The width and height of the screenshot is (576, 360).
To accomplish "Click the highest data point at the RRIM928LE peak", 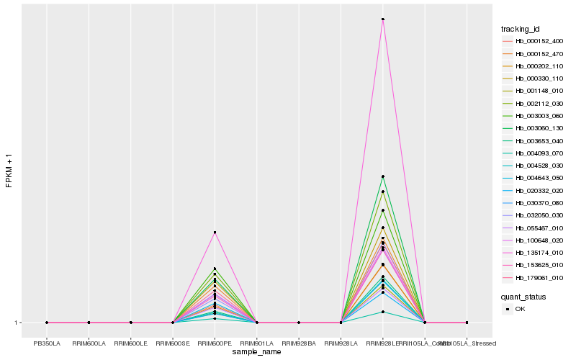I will [382, 19].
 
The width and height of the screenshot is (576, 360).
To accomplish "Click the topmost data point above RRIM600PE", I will [215, 233].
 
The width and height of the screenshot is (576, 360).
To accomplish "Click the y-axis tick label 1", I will [16, 323].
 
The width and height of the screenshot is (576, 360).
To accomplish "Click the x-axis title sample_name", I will [256, 352].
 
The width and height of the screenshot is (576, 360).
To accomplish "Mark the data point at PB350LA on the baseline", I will [47, 323].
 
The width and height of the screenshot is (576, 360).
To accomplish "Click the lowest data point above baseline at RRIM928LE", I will [382, 312].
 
